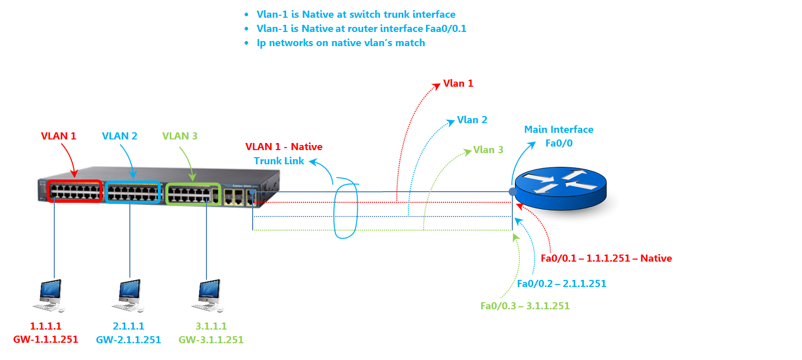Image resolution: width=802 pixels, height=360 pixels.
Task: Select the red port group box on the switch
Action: point(75,192)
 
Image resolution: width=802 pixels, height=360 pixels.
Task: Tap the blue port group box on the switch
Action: point(133,192)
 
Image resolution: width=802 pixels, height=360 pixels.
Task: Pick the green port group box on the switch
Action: point(193,194)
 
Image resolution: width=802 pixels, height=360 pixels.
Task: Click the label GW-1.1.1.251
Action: point(46,340)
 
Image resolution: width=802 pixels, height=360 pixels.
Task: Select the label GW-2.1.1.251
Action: point(128,340)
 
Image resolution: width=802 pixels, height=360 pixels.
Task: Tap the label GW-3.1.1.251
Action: point(211,340)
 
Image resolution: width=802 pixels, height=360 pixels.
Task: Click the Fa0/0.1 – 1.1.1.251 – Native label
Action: point(606,258)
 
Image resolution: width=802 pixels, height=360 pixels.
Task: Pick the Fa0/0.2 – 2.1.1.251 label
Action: point(562,283)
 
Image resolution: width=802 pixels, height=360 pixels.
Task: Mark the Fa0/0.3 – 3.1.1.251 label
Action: point(525,306)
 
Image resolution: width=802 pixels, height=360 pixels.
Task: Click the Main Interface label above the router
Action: point(559,129)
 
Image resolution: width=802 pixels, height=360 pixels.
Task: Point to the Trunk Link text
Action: point(279,161)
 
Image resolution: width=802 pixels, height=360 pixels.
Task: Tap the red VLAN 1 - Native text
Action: point(284,147)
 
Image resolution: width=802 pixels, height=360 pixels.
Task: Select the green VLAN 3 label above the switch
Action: point(180,136)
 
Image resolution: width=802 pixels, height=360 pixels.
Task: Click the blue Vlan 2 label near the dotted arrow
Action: point(472,120)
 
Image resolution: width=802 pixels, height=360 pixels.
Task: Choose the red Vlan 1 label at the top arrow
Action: point(458,83)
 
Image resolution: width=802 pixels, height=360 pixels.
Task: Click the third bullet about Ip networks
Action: point(340,43)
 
